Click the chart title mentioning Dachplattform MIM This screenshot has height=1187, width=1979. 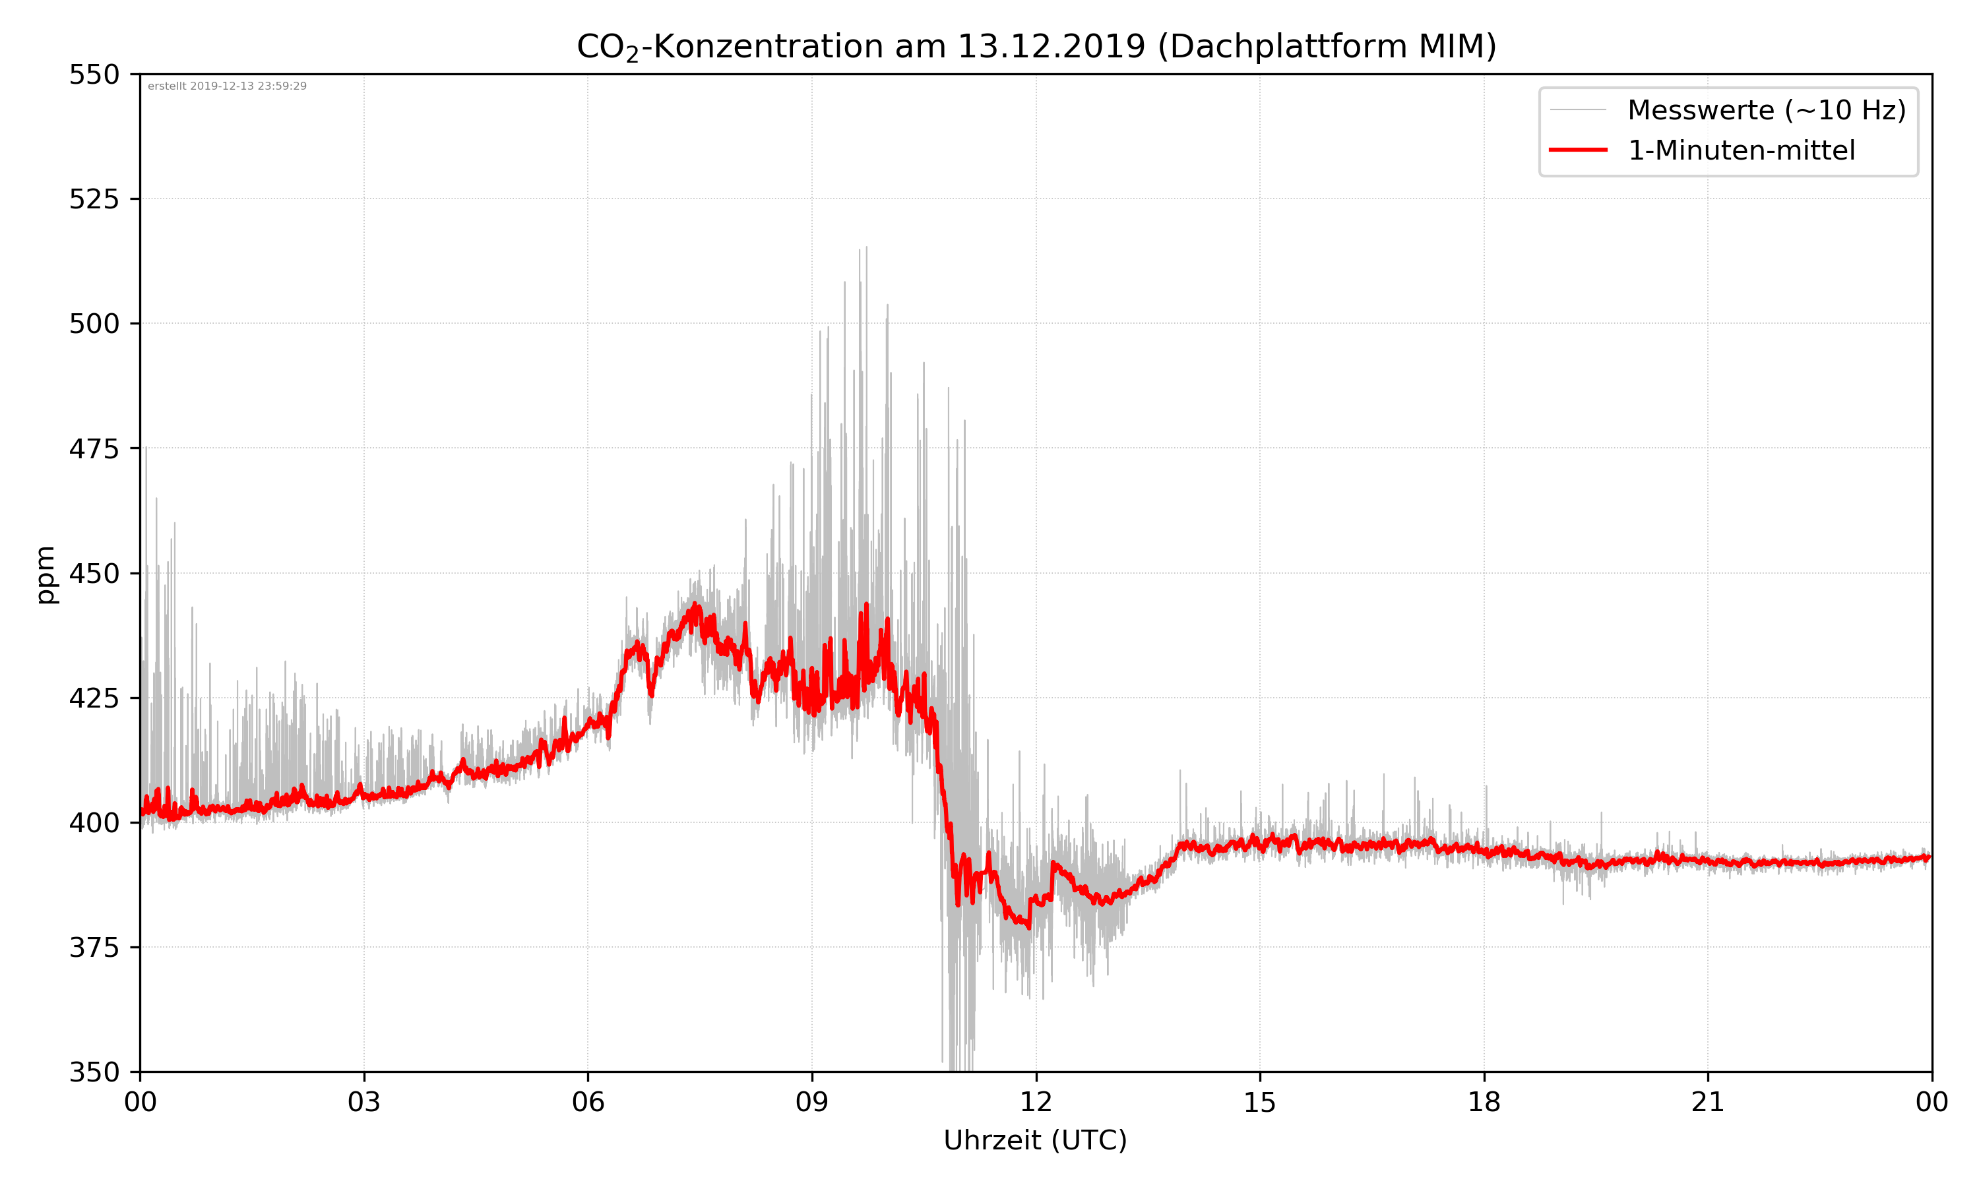[1036, 46]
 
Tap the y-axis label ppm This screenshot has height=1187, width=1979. [46, 574]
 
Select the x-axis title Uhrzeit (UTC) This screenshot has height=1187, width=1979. [1035, 1140]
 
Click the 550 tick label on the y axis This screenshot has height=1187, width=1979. [94, 75]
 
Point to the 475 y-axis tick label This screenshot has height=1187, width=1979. [94, 448]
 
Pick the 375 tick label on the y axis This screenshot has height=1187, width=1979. [94, 948]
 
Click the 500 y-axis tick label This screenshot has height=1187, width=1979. [94, 324]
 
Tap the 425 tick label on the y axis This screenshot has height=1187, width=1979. [94, 698]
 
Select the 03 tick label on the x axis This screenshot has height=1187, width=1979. [364, 1102]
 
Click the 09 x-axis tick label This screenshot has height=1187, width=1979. [812, 1102]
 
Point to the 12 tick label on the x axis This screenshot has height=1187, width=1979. [1036, 1102]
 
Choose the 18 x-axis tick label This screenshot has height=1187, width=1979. [1484, 1102]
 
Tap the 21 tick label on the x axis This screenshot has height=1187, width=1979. [1708, 1102]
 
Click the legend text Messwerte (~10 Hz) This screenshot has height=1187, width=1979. [1766, 110]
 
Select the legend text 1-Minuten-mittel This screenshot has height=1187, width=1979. [1741, 150]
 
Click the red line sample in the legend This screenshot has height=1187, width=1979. [1577, 150]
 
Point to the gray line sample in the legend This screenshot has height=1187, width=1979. [1577, 109]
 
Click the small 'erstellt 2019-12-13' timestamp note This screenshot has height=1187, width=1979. [227, 86]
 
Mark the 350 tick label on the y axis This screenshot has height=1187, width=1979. [94, 1073]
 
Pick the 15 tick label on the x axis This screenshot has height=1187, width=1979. [1260, 1102]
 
